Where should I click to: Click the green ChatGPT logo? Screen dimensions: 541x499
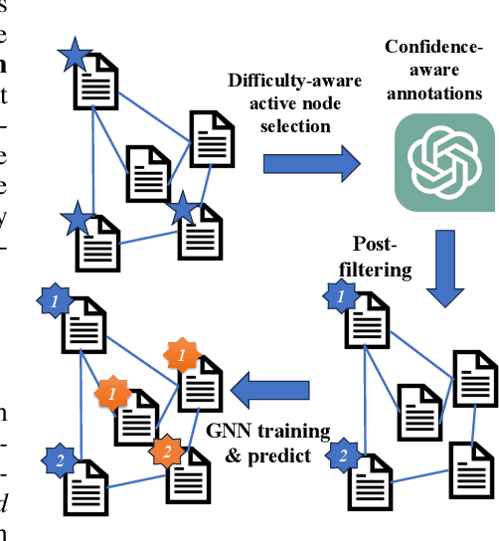(443, 162)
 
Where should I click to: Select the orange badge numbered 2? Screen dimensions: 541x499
(166, 451)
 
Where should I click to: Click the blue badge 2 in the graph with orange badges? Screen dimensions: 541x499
(58, 458)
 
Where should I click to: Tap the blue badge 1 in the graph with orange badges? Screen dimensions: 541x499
(57, 297)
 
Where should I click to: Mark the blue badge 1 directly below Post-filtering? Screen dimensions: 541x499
(341, 296)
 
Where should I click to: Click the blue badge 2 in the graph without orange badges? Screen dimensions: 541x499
(342, 456)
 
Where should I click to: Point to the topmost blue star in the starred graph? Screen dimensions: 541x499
(74, 57)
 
